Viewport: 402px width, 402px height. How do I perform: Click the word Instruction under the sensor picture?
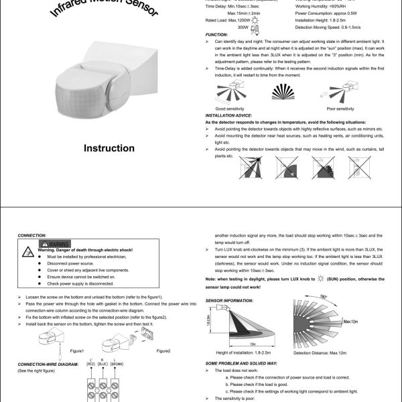(x=109, y=148)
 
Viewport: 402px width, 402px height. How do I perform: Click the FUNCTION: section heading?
(x=216, y=34)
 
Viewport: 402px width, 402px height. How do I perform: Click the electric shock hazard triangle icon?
(x=29, y=252)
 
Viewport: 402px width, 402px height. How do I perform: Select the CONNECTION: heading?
(x=31, y=235)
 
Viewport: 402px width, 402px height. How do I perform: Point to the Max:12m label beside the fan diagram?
(x=353, y=322)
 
